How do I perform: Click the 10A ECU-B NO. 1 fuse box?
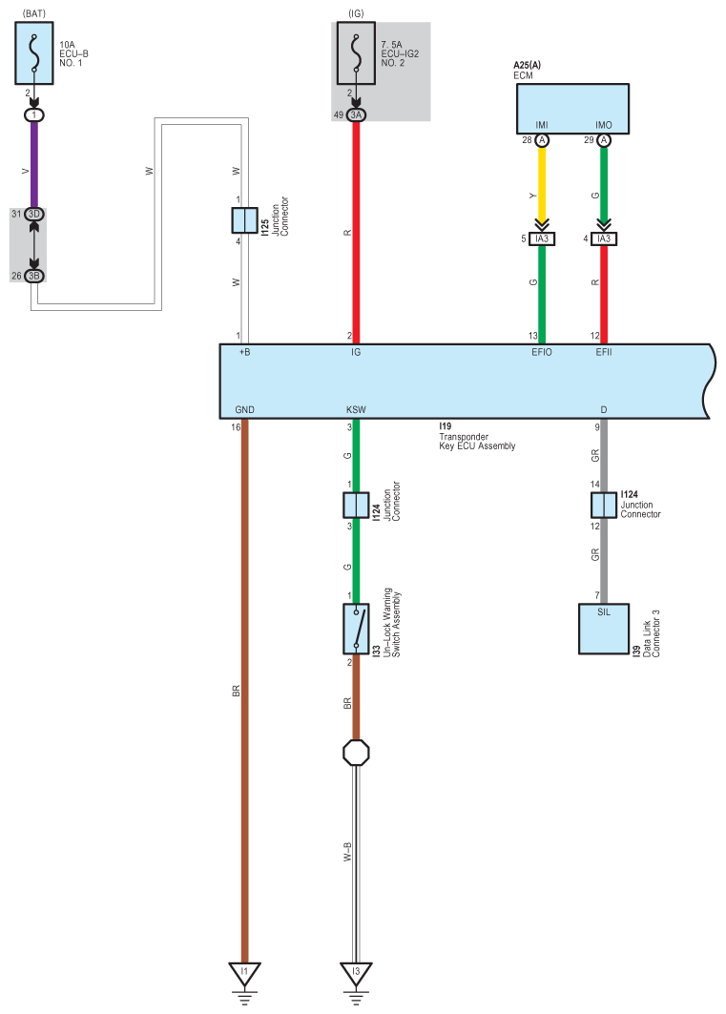point(34,53)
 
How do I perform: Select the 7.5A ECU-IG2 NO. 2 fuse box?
point(356,53)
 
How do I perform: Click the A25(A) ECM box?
point(572,109)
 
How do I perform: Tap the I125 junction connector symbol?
point(244,220)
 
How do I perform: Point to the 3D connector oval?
point(34,214)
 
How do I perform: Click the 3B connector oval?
point(34,276)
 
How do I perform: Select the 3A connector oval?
point(356,115)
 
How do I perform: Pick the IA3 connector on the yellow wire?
point(542,238)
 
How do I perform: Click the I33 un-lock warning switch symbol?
point(356,629)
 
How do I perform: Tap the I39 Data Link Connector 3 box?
point(603,629)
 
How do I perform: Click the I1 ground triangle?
point(244,974)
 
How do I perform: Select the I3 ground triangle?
point(356,974)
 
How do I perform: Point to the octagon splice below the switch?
point(356,753)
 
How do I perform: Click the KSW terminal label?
point(356,409)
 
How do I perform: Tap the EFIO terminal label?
point(542,352)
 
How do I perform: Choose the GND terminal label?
point(244,409)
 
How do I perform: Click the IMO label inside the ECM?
point(603,125)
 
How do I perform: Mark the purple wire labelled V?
point(34,164)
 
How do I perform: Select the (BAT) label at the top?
point(34,13)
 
